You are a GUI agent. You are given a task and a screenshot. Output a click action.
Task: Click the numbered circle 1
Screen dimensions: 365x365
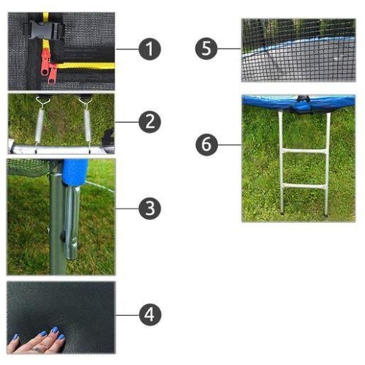(x=150, y=49)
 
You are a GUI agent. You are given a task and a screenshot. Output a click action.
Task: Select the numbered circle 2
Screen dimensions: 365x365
(x=150, y=121)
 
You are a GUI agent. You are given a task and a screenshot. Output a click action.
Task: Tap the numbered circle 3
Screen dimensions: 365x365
(x=150, y=208)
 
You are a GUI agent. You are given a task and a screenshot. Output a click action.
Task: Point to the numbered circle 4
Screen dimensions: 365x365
(x=150, y=315)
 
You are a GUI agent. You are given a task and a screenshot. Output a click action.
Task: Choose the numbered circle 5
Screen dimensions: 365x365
(x=206, y=48)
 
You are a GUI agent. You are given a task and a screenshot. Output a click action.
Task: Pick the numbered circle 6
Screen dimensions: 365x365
(x=206, y=144)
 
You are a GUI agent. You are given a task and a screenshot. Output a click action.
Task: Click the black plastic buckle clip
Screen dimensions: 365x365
(x=44, y=31)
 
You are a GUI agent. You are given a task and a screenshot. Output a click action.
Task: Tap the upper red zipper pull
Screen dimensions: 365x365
(x=45, y=62)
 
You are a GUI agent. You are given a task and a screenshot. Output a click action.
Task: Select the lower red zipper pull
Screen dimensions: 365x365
(x=53, y=74)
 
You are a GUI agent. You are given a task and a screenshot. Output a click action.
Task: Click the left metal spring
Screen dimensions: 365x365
(x=40, y=123)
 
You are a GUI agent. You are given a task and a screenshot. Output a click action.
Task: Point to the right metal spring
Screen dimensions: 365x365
(x=86, y=123)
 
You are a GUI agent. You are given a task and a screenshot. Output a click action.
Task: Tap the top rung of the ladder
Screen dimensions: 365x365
(x=304, y=151)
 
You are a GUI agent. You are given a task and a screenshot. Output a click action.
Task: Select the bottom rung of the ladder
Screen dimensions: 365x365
(x=304, y=187)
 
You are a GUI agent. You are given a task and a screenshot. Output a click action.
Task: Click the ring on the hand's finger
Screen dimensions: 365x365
(x=37, y=350)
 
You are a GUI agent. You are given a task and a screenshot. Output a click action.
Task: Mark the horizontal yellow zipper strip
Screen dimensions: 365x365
(x=86, y=66)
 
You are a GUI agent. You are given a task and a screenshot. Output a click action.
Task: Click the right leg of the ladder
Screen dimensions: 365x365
(x=327, y=164)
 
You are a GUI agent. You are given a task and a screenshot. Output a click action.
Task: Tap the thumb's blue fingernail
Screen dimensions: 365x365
(x=16, y=337)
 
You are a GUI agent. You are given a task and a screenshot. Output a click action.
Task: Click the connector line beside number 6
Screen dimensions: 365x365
(x=230, y=145)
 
